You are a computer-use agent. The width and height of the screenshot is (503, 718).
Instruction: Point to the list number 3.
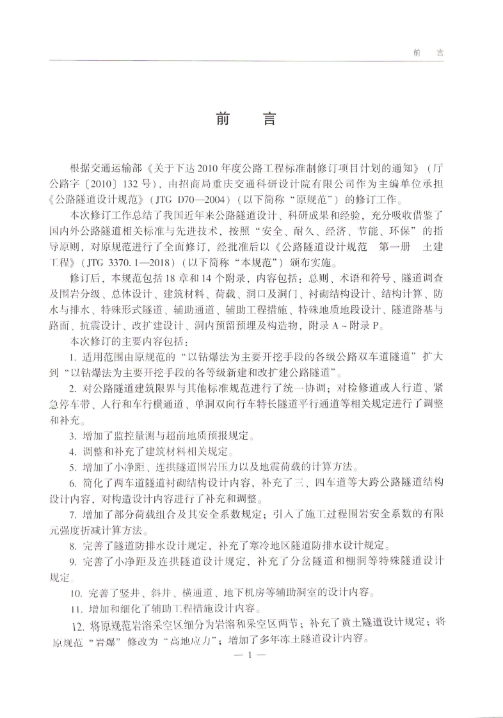tap(72, 437)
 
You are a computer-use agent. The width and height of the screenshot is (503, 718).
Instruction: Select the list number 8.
tap(72, 545)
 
